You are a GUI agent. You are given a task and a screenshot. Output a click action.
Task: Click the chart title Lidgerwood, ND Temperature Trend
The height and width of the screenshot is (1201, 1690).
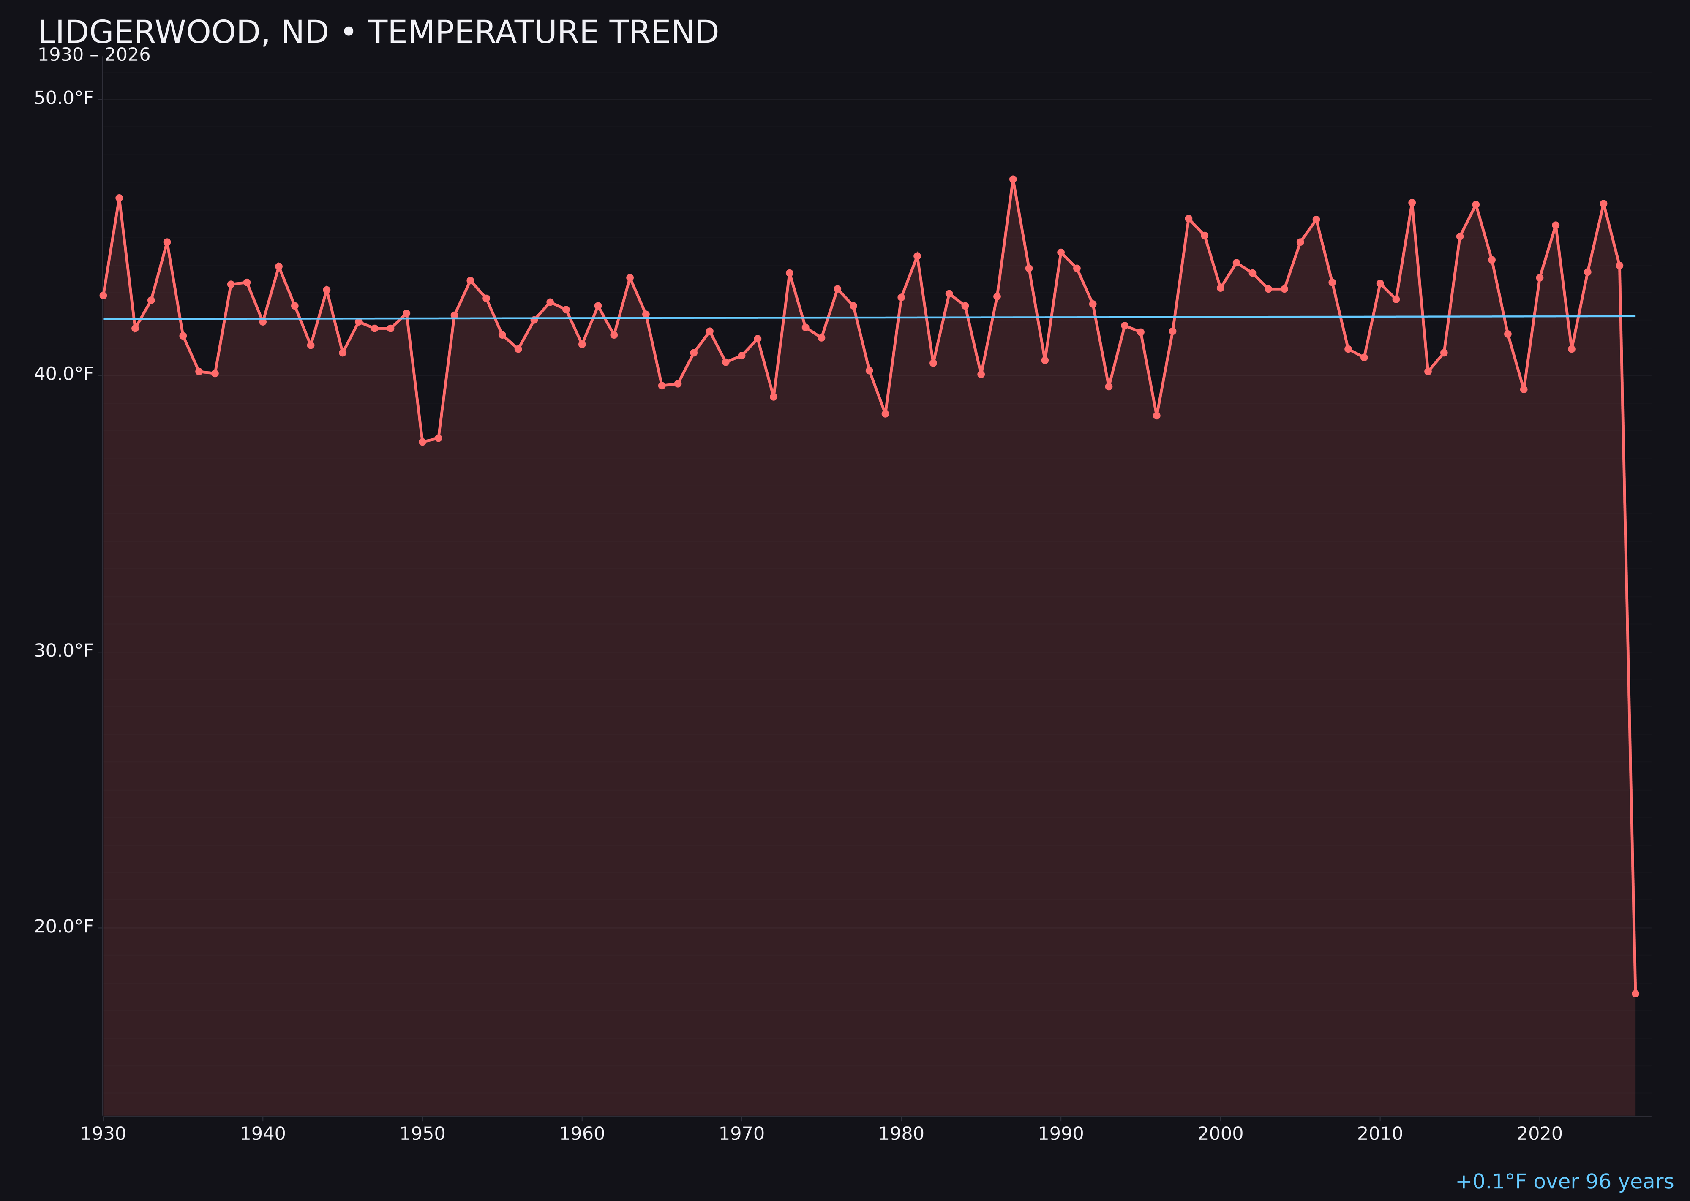click(x=377, y=33)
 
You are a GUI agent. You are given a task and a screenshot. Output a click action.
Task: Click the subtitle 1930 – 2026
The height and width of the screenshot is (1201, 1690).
click(x=94, y=55)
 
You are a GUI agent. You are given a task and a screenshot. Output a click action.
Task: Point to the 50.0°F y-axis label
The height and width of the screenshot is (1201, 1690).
click(x=64, y=98)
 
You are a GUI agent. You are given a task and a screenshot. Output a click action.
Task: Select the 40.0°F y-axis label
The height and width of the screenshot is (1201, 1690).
click(x=64, y=374)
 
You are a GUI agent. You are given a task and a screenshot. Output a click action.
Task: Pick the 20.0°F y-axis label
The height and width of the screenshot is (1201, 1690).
click(x=64, y=927)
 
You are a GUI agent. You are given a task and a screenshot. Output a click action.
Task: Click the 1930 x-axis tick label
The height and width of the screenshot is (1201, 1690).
click(x=104, y=1134)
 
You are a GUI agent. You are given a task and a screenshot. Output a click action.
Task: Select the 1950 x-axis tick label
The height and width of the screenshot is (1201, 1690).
click(x=422, y=1134)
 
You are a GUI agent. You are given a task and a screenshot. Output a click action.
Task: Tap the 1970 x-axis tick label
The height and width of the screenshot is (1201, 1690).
click(x=741, y=1134)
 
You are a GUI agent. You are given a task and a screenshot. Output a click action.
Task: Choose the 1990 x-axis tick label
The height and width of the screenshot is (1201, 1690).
click(x=1060, y=1134)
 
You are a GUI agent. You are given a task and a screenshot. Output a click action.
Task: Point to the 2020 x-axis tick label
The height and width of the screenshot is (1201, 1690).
click(x=1540, y=1134)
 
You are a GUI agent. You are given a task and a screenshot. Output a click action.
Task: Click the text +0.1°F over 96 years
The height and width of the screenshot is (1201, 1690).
click(x=1564, y=1182)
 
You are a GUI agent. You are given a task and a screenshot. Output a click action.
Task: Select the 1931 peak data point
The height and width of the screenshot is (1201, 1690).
click(x=119, y=198)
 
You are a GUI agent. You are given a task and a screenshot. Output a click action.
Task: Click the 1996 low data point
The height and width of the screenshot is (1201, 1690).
click(x=1156, y=416)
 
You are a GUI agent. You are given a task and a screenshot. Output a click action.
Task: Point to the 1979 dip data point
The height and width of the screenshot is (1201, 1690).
click(x=885, y=413)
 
